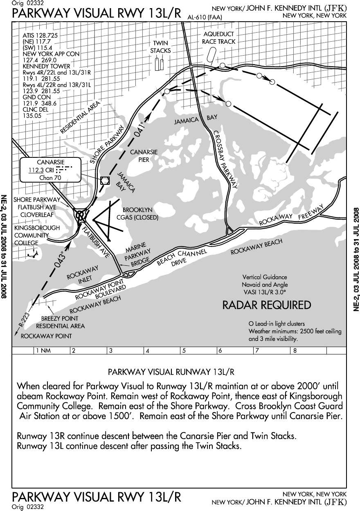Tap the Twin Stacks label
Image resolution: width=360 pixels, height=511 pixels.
pyautogui.click(x=160, y=47)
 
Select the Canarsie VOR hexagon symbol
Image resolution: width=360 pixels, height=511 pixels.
pyautogui.click(x=105, y=180)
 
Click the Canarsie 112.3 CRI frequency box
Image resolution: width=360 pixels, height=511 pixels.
pyautogui.click(x=51, y=170)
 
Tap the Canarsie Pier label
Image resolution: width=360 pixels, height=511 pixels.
pyautogui.click(x=144, y=156)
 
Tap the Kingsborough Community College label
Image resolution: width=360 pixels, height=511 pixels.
pyautogui.click(x=36, y=235)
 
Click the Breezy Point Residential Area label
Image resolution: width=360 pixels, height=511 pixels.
pyautogui.click(x=60, y=322)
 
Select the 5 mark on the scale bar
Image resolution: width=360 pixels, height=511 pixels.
pyautogui.click(x=184, y=350)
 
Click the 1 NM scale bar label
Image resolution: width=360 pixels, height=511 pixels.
pyautogui.click(x=43, y=350)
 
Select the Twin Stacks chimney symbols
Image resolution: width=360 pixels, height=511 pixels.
pyautogui.click(x=160, y=63)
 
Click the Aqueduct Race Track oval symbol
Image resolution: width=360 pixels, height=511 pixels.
pyautogui.click(x=211, y=54)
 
